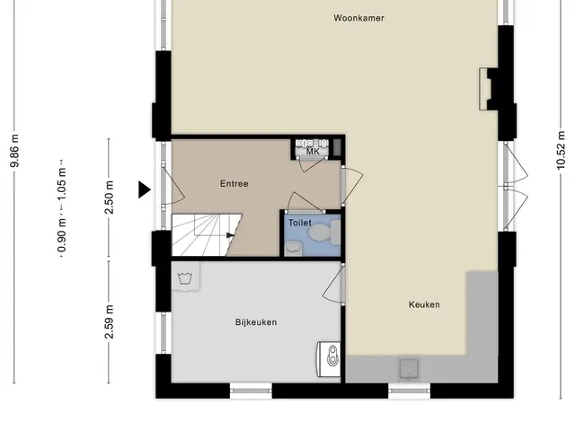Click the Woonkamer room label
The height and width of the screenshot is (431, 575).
[358, 18]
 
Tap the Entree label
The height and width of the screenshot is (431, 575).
[234, 183]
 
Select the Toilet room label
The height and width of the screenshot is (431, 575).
[299, 223]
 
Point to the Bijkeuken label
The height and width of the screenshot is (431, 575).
[256, 322]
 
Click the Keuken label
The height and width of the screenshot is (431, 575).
[424, 304]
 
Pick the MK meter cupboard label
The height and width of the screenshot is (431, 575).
[313, 152]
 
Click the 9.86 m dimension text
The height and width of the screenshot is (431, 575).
[14, 151]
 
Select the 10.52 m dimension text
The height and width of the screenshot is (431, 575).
[561, 150]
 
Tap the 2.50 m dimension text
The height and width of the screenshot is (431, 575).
[109, 198]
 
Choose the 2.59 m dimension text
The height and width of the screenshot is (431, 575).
[109, 321]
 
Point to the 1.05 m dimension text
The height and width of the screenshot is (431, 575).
[62, 184]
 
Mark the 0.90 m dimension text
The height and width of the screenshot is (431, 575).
[62, 235]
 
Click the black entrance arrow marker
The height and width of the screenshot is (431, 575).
[144, 189]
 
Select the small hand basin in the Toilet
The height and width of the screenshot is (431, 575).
[293, 249]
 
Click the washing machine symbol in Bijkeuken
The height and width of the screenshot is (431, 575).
[186, 277]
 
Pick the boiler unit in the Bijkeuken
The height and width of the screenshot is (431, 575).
[329, 359]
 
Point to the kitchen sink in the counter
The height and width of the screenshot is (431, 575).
[409, 368]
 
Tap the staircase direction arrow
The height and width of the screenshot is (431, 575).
[230, 235]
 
